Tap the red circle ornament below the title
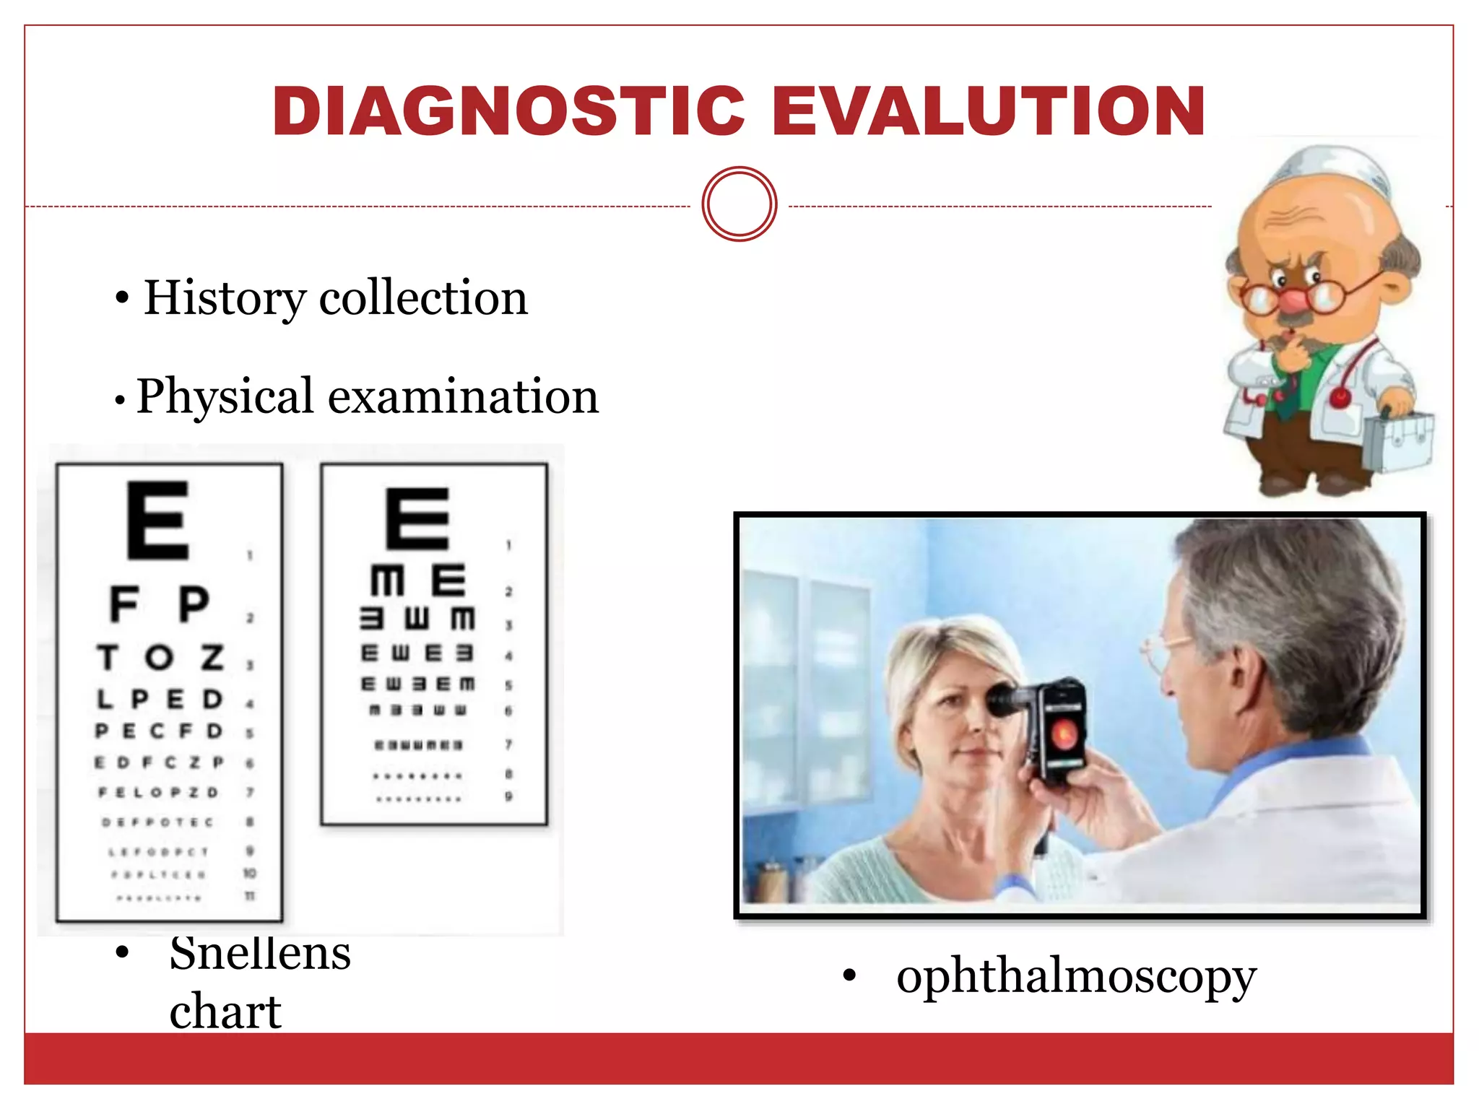[x=739, y=204]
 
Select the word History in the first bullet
[x=225, y=297]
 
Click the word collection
[x=423, y=297]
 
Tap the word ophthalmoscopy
[x=1076, y=976]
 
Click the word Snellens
[x=260, y=953]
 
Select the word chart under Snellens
[x=225, y=1011]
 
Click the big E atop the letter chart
[x=158, y=521]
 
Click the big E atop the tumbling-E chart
[x=417, y=518]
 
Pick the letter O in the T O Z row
[x=159, y=657]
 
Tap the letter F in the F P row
[x=124, y=604]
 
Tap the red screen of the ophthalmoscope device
[x=1064, y=734]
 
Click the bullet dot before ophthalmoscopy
[x=849, y=977]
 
